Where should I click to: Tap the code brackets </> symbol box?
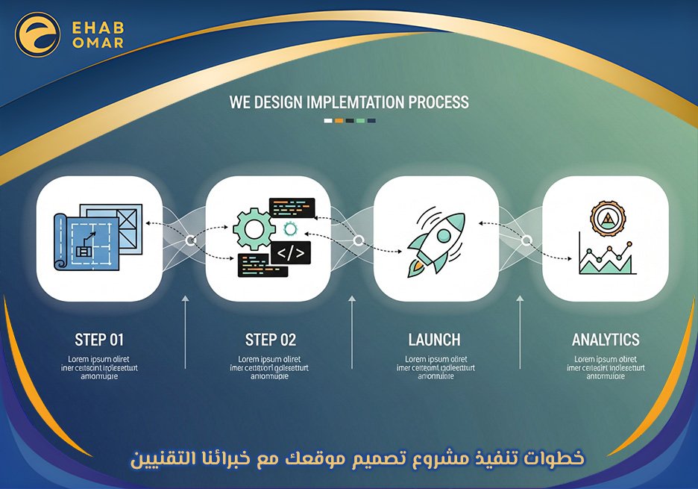pos(291,253)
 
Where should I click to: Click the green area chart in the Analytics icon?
pos(606,261)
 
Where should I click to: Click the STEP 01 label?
pos(99,340)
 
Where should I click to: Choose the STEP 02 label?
pos(270,340)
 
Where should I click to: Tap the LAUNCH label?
pos(434,340)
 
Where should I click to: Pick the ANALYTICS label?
pos(606,340)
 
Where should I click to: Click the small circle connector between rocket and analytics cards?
pos(526,240)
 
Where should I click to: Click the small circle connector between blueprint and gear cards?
pos(191,240)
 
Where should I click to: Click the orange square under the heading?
pos(339,120)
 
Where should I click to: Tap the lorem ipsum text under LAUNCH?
pos(436,367)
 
